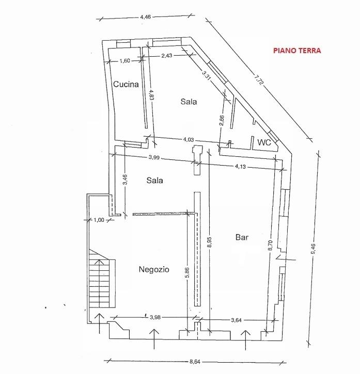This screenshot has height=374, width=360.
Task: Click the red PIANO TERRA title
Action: coord(297,51)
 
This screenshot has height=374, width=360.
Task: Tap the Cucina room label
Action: coord(126,84)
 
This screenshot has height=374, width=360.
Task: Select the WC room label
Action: coord(264,142)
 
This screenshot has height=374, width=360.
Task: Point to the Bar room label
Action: coord(242,237)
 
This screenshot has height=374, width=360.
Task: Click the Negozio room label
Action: coord(154,269)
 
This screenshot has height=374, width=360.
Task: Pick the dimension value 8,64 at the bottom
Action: coord(195,362)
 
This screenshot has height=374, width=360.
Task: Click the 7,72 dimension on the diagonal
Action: coord(258,79)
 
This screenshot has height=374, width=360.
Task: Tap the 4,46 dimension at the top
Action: coord(146,17)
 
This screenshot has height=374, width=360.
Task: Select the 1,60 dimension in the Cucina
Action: coord(125,60)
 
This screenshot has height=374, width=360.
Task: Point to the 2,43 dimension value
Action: coord(167,56)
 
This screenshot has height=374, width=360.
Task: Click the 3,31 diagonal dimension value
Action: coord(206,76)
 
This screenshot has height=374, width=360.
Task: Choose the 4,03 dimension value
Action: coord(189,139)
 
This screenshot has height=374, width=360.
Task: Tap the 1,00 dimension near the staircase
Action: coord(99,220)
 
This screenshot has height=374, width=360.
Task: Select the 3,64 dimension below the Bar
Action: coord(236,320)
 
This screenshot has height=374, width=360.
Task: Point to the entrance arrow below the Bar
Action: coord(245,340)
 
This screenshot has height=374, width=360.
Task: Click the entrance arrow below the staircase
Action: coord(99,323)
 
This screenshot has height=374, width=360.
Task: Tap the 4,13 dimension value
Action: coord(240,166)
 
